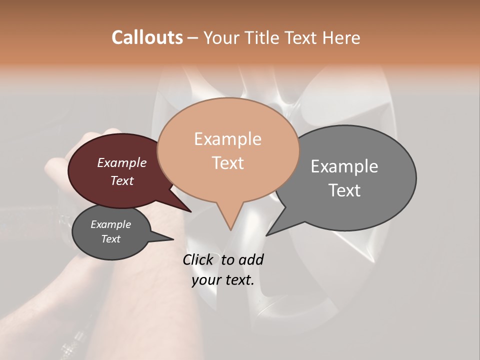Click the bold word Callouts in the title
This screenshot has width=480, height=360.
coord(147,37)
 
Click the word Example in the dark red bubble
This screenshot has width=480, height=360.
coord(122,162)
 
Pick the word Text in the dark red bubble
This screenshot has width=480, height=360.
coord(122,180)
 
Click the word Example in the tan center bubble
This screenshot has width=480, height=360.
coord(227,139)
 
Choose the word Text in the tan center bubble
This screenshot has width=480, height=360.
coord(227,163)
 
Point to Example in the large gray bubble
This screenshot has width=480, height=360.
coord(344,166)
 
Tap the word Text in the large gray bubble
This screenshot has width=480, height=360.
coord(344,190)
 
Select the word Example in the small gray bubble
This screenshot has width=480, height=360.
coord(111,224)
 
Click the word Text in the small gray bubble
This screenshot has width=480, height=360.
coord(111,239)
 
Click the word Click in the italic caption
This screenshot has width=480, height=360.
coord(199,259)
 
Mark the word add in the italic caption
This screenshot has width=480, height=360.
coord(251,259)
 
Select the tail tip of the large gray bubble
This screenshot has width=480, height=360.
coord(267,234)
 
